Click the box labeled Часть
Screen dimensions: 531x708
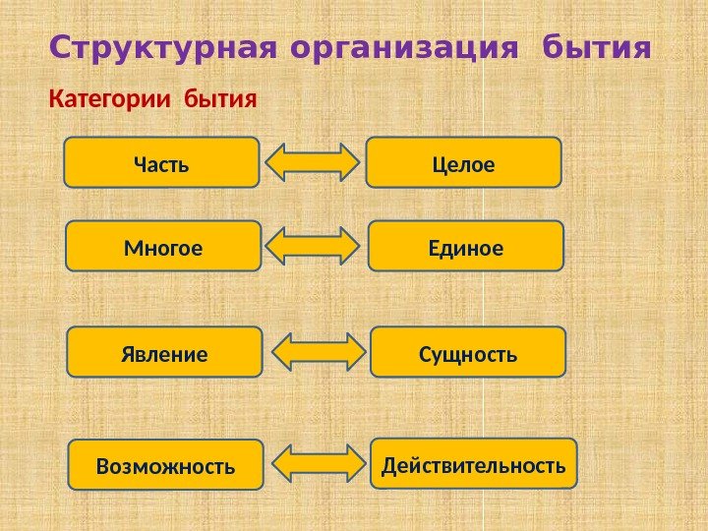click(161, 162)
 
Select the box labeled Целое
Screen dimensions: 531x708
click(463, 162)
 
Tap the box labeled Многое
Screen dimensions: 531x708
click(163, 246)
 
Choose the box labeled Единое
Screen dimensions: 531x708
click(466, 246)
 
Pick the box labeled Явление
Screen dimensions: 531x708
click(165, 352)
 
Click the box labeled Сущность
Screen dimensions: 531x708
click(469, 352)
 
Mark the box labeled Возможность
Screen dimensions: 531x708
click(166, 464)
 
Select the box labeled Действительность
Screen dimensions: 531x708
click(474, 463)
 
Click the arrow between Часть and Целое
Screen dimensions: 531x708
click(313, 162)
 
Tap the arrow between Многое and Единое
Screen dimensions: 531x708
click(315, 247)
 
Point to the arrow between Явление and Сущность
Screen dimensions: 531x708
click(318, 352)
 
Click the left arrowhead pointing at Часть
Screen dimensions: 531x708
click(277, 162)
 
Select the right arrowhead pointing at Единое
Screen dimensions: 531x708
click(349, 247)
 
